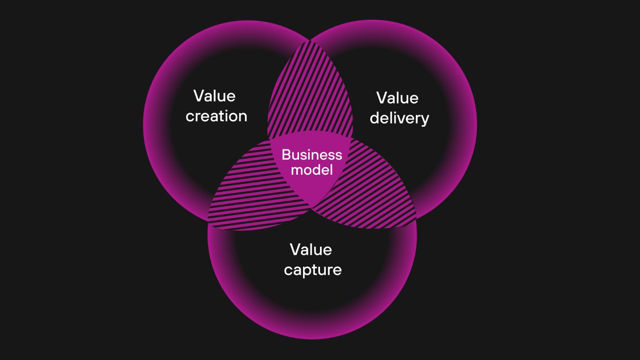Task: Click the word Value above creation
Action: point(214,96)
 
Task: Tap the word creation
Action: point(216,116)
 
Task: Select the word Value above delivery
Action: point(397,98)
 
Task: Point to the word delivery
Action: point(399,118)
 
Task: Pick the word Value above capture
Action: point(311,250)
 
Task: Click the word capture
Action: point(313,270)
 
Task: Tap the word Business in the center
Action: point(312,155)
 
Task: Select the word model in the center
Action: point(312,170)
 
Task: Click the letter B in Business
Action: point(286,155)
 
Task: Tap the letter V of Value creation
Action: point(198,96)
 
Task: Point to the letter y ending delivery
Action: point(424,120)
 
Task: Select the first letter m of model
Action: point(296,171)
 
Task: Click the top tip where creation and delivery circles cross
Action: point(310,41)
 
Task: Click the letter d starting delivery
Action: point(374,118)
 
